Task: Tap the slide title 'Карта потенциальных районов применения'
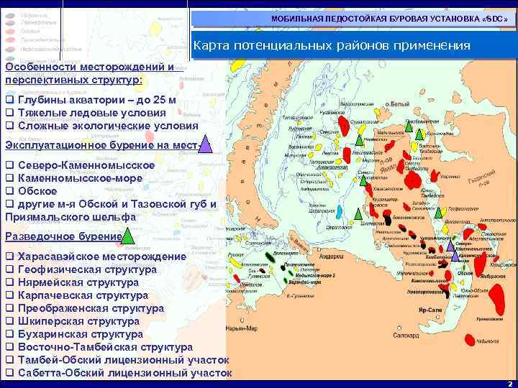click(x=332, y=47)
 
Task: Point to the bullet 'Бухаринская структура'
click(x=86, y=334)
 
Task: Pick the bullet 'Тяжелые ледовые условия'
click(x=91, y=113)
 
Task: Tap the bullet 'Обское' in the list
click(x=36, y=191)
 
